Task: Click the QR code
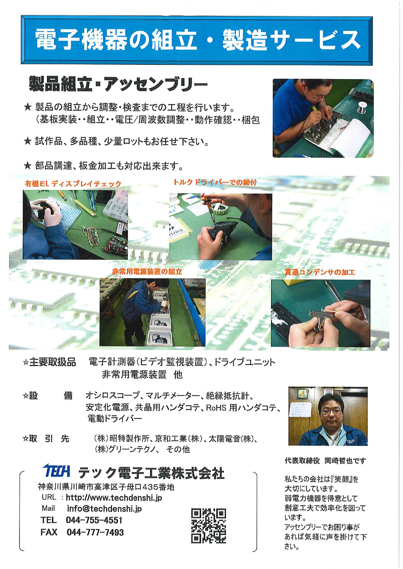point(208,526)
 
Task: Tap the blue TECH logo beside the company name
point(56,471)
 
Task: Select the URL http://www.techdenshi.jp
point(114,498)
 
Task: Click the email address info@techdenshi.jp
point(104,509)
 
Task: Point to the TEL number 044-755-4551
point(94,520)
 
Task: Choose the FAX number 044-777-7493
point(95,532)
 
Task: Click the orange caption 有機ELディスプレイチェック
point(73,184)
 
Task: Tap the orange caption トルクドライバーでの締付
point(215,182)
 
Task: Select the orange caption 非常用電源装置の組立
point(147,272)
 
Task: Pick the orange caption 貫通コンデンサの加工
point(320,272)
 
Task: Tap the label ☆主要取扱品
point(49,362)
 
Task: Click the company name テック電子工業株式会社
point(151,473)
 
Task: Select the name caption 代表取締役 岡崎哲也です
point(325,461)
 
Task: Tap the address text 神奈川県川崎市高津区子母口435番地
point(106,487)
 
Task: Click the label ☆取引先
point(46,439)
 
